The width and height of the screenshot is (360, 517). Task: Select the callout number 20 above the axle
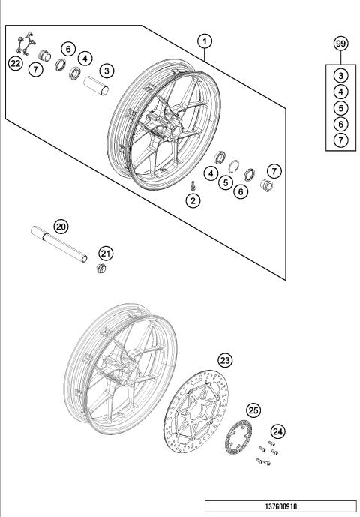tap(61, 226)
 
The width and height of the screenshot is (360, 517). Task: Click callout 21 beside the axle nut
tap(106, 253)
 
